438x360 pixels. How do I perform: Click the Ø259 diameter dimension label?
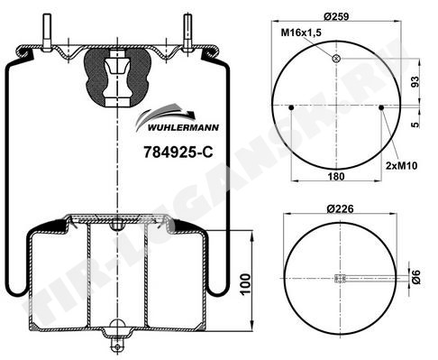pyautogui.click(x=336, y=16)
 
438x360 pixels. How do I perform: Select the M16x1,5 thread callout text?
pyautogui.click(x=301, y=32)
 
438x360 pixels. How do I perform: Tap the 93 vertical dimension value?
pyautogui.click(x=415, y=82)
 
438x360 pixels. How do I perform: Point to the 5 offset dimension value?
pyautogui.click(x=415, y=125)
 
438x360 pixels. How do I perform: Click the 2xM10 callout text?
pyautogui.click(x=401, y=165)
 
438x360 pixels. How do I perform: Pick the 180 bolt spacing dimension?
pyautogui.click(x=336, y=176)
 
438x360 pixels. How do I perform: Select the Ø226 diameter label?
pyautogui.click(x=340, y=208)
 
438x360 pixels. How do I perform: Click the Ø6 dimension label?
pyautogui.click(x=415, y=277)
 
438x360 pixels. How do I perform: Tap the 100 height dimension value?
pyautogui.click(x=245, y=284)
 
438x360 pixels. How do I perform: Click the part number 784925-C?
pyautogui.click(x=178, y=152)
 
